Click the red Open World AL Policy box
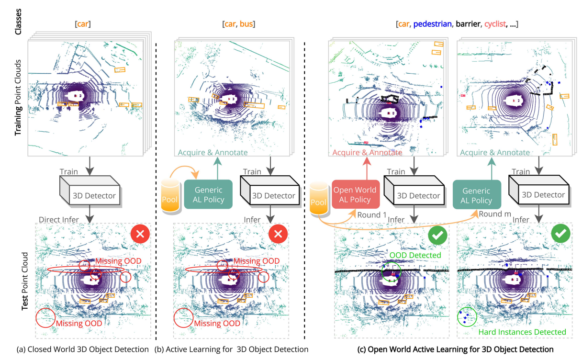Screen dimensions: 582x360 pyautogui.click(x=356, y=194)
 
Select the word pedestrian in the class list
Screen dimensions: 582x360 pyautogui.click(x=432, y=24)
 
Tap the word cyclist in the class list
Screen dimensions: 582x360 pyautogui.click(x=495, y=24)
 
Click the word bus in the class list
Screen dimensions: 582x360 pyautogui.click(x=246, y=24)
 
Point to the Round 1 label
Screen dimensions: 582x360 pyautogui.click(x=372, y=215)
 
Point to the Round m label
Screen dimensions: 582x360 pyautogui.click(x=495, y=214)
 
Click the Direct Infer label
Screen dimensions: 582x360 pyautogui.click(x=59, y=220)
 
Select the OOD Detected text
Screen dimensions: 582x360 pyautogui.click(x=415, y=255)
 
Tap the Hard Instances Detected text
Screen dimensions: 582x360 pyautogui.click(x=522, y=332)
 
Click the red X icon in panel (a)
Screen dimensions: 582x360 pyautogui.click(x=140, y=234)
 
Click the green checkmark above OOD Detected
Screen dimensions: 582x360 pyautogui.click(x=437, y=235)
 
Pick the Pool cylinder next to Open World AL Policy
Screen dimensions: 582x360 pyautogui.click(x=319, y=198)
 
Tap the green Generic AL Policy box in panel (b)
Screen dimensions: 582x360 pyautogui.click(x=208, y=194)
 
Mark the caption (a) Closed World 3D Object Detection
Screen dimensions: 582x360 pyautogui.click(x=83, y=349)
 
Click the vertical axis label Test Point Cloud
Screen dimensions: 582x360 pyautogui.click(x=25, y=281)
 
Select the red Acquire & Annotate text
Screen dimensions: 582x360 pyautogui.click(x=367, y=152)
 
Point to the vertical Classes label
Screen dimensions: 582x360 pyautogui.click(x=18, y=22)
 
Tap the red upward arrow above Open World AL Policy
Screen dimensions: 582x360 pyautogui.click(x=367, y=169)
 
